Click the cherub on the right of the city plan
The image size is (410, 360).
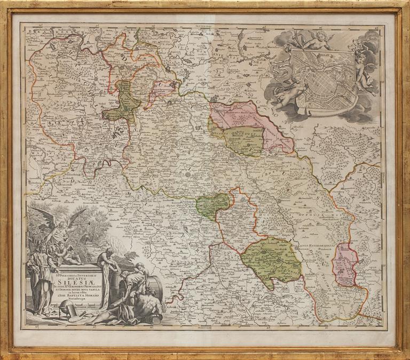[366, 75]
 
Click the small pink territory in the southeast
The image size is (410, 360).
[345, 264]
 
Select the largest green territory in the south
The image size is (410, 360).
[271, 259]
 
